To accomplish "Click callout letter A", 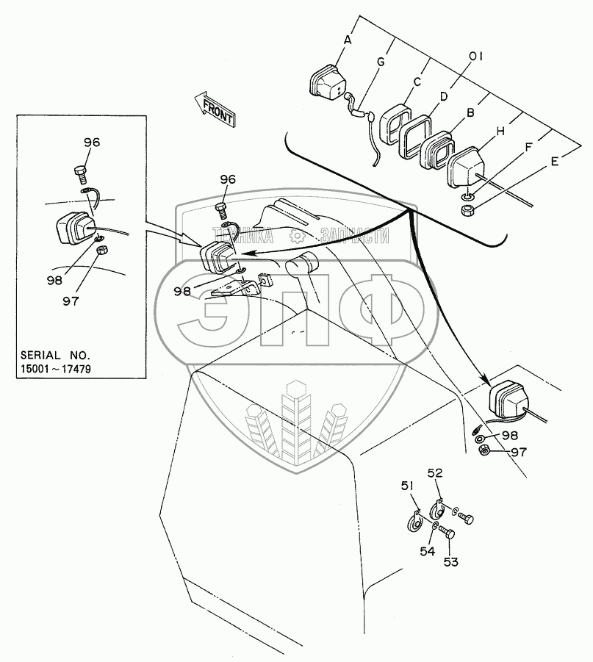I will tap(348, 41).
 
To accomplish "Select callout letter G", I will tap(381, 62).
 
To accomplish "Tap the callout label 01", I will tap(475, 56).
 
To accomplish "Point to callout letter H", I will tap(500, 131).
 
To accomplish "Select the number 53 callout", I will tap(450, 562).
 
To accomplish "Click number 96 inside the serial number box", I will tap(92, 143).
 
